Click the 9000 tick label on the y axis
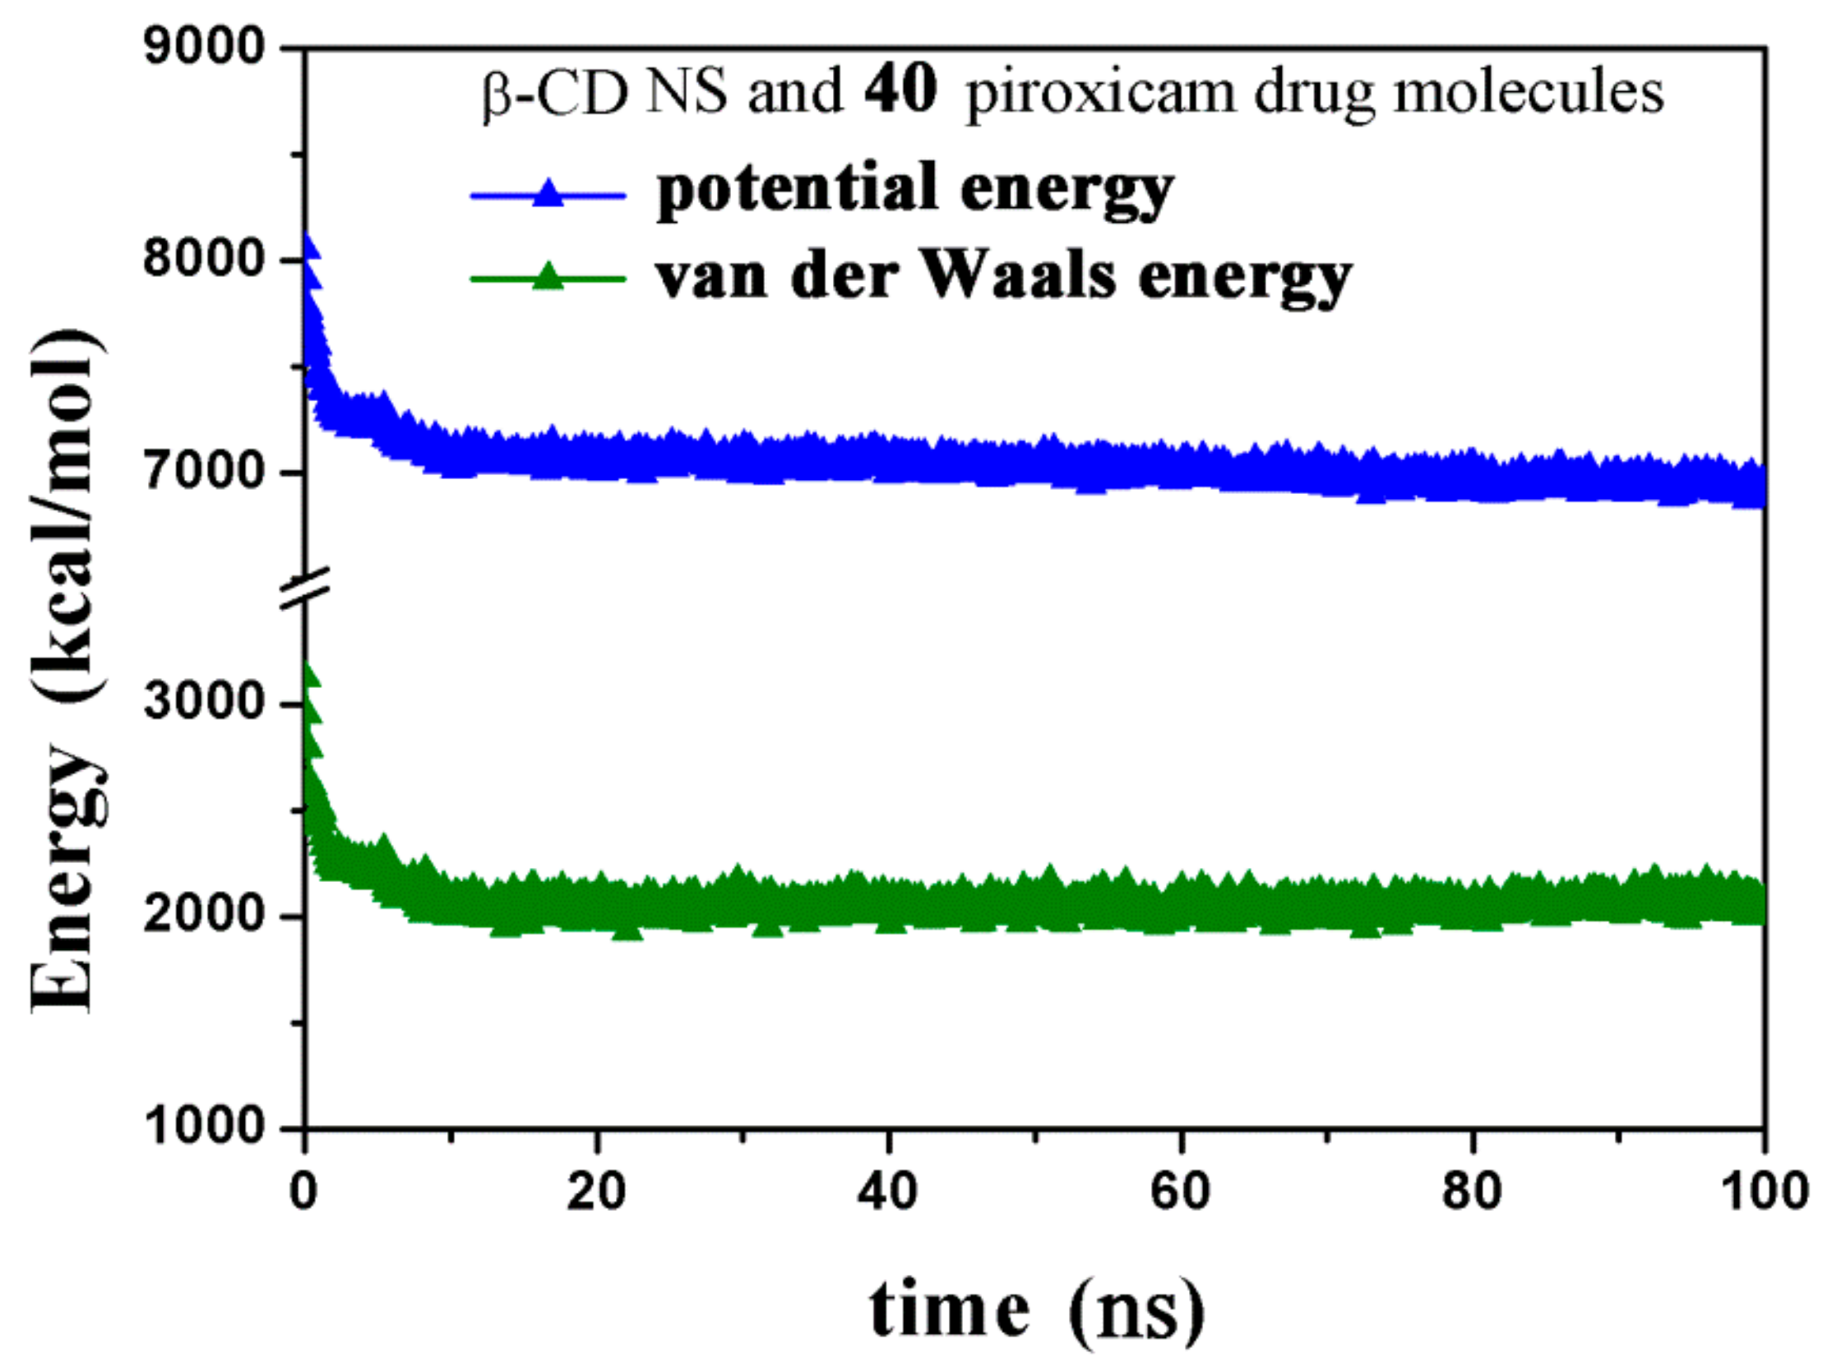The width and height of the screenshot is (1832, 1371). [203, 47]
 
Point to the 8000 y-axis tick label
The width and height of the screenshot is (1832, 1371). [203, 259]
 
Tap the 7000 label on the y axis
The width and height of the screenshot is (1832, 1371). [203, 473]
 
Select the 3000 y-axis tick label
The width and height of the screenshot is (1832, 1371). [203, 703]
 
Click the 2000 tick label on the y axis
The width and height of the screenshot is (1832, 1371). [203, 916]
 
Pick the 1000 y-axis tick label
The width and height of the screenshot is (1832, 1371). [203, 1127]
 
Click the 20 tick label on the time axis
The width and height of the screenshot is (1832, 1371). [596, 1193]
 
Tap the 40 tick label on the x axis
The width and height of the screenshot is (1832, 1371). [888, 1193]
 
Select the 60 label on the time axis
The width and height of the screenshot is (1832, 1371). [1181, 1193]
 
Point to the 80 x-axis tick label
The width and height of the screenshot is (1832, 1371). [1472, 1193]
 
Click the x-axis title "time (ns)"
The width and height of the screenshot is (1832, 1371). [1036, 1310]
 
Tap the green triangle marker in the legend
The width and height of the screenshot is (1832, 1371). [548, 276]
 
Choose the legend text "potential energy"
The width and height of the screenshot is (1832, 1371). [914, 192]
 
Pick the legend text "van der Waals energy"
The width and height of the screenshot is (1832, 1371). [1004, 276]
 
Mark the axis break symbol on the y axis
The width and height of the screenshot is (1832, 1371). [306, 589]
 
